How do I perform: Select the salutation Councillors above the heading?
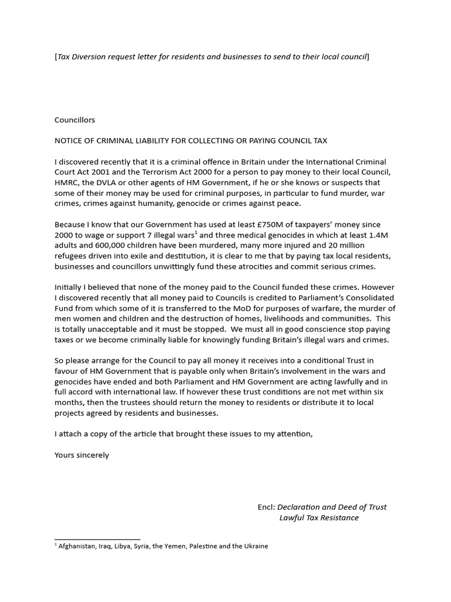pos(75,119)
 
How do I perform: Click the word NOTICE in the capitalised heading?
pos(70,141)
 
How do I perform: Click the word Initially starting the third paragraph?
pos(69,288)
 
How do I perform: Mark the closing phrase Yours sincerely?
pos(82,455)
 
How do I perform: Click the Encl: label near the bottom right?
pos(266,507)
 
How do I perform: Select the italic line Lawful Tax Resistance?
pos(319,518)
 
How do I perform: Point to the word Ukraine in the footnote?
pos(255,546)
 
